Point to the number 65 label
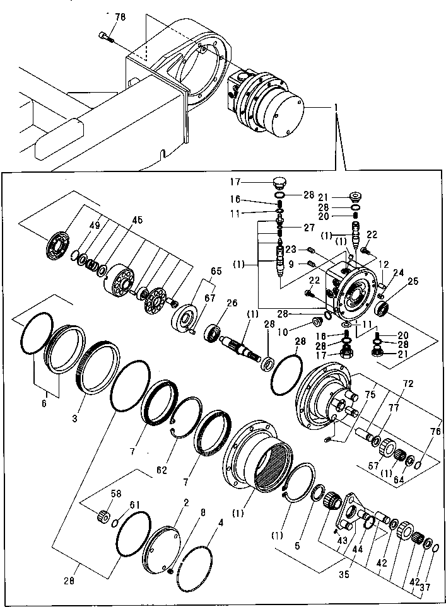click(x=216, y=272)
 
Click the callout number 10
click(x=301, y=332)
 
